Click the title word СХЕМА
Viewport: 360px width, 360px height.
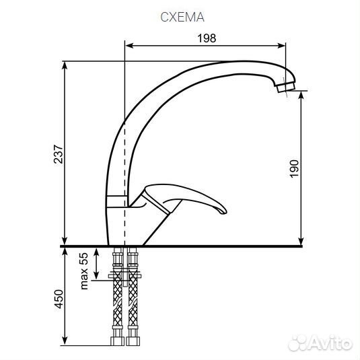(182, 17)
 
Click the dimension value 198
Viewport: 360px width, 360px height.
(207, 38)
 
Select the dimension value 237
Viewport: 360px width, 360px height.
(58, 154)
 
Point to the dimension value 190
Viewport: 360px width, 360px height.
(294, 169)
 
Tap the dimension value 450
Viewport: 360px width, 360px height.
(59, 299)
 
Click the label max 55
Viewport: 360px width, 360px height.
(84, 271)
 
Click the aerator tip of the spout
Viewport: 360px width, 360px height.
(286, 87)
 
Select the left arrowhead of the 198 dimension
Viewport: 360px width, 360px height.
(130, 46)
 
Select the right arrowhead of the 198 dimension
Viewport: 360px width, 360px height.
(281, 46)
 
